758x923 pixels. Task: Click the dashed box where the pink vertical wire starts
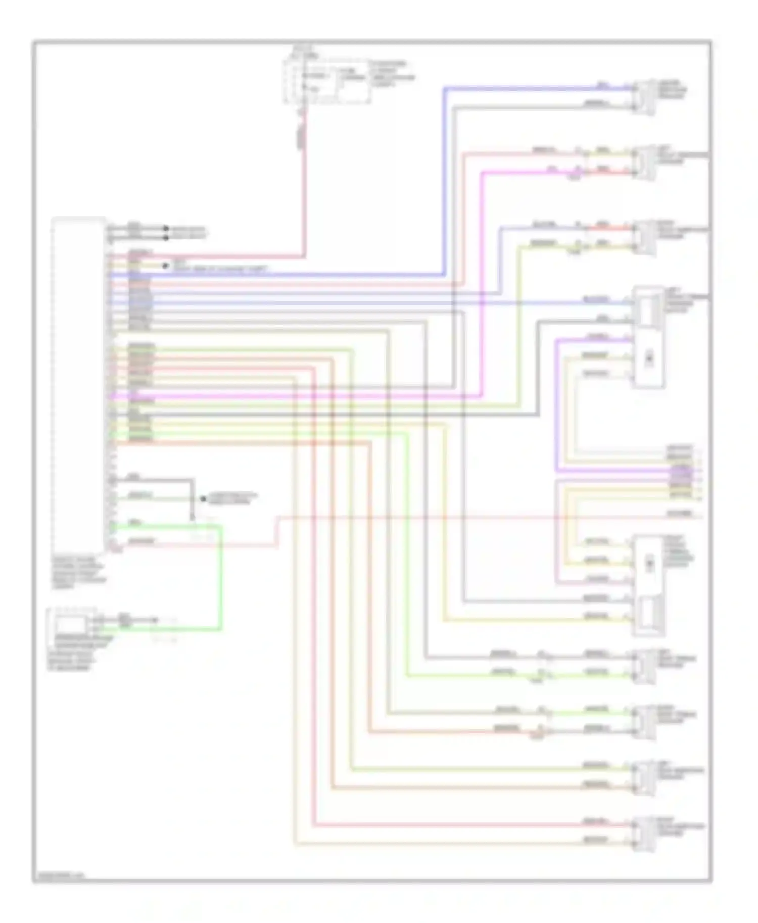(x=325, y=81)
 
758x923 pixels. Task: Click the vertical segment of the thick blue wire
(x=445, y=182)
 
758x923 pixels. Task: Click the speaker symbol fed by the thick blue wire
(x=645, y=97)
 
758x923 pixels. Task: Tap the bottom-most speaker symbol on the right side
(x=645, y=834)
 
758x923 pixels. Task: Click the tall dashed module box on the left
(x=78, y=384)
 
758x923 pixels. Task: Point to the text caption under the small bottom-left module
(x=76, y=656)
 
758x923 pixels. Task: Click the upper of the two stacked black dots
(x=165, y=229)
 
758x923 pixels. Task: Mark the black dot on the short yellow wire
(x=165, y=266)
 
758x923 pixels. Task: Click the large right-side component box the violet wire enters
(x=649, y=337)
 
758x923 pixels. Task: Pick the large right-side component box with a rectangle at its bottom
(x=649, y=585)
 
